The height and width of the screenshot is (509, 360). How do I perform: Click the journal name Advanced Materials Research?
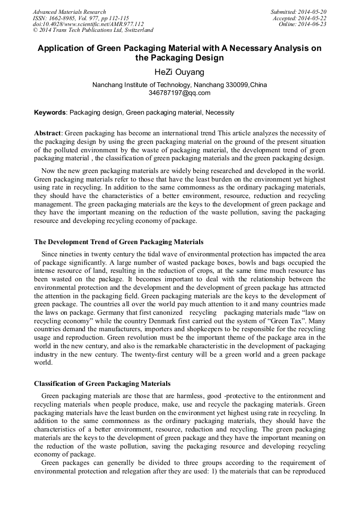point(69,12)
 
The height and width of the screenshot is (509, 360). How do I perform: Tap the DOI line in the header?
point(88,24)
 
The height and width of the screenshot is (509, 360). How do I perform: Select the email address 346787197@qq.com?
point(179,93)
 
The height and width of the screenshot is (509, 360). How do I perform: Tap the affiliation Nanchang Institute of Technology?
point(134,85)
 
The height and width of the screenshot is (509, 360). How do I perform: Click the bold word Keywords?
point(50,113)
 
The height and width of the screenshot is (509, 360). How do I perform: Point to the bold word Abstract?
point(48,133)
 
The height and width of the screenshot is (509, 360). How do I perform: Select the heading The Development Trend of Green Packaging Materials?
point(118,242)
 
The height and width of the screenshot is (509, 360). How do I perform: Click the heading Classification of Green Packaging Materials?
point(102,383)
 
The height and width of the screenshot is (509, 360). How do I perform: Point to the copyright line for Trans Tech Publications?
point(93,31)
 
